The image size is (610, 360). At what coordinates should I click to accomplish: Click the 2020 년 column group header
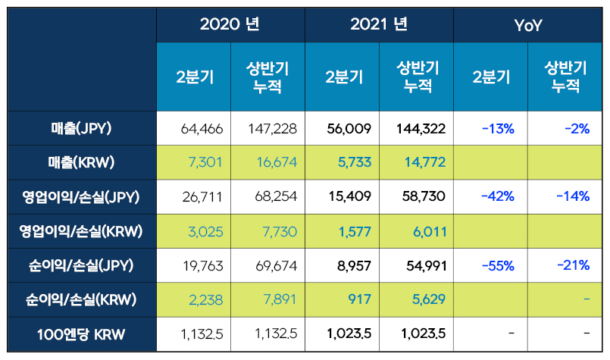[x=230, y=24]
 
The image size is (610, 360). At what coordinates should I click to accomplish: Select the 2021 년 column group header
[x=379, y=24]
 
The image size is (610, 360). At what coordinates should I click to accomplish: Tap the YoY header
[x=527, y=25]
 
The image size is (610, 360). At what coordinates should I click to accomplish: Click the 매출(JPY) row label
[x=77, y=128]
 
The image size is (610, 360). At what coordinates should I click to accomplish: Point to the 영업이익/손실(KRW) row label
[x=77, y=230]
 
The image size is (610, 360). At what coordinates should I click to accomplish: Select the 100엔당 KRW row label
[x=77, y=333]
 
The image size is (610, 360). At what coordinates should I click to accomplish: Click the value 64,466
[x=202, y=129]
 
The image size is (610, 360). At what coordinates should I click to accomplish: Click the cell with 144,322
[x=421, y=129]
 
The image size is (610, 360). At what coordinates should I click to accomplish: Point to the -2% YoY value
[x=577, y=129]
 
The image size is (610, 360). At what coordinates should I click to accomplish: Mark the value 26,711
[x=202, y=197]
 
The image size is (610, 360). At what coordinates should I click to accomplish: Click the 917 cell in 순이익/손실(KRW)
[x=359, y=299]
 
